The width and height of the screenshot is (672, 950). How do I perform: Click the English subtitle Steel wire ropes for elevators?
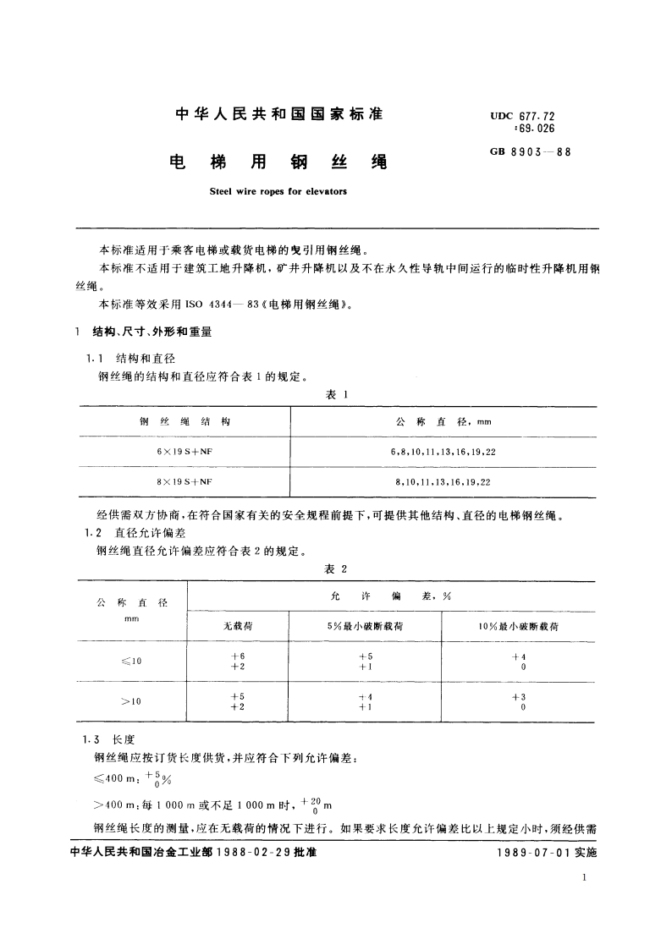click(278, 192)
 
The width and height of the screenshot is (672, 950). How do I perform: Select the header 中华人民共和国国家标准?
click(278, 114)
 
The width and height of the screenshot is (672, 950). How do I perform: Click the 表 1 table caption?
click(337, 394)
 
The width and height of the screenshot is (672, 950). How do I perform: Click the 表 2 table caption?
click(337, 568)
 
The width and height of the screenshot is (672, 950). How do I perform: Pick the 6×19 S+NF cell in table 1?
click(184, 452)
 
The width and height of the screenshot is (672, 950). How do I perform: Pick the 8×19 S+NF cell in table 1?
click(184, 481)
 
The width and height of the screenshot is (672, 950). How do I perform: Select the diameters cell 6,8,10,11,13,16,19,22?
click(443, 452)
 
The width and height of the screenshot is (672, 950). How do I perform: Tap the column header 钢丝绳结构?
click(184, 421)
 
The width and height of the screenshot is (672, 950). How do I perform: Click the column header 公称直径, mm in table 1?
click(443, 421)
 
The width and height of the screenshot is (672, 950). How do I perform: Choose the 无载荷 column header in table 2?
click(238, 627)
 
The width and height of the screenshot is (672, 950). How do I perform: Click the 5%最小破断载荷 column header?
click(365, 627)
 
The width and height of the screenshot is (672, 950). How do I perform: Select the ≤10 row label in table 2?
click(131, 662)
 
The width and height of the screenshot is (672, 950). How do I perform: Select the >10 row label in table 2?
click(131, 700)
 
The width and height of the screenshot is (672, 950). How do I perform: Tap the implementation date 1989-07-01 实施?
click(548, 854)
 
